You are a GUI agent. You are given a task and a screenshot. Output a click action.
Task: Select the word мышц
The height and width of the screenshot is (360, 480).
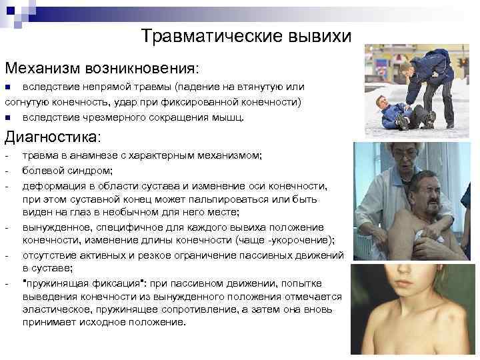coord(231,117)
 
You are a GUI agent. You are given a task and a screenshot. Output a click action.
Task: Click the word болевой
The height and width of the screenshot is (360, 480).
coord(42,171)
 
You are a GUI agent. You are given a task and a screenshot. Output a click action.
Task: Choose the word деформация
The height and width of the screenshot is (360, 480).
coord(55,185)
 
